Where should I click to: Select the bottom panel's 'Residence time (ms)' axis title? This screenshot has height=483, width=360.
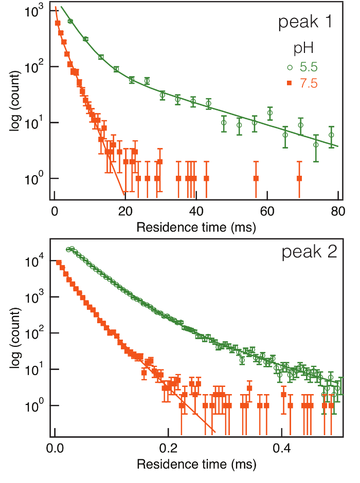pyautogui.click(x=196, y=464)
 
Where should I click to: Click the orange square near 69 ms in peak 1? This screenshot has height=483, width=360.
pyautogui.click(x=299, y=178)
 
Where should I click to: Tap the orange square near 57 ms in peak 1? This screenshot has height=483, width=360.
pyautogui.click(x=256, y=178)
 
